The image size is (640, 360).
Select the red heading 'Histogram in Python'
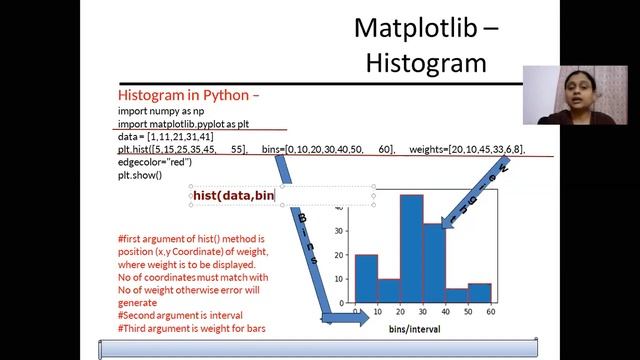coord(187,96)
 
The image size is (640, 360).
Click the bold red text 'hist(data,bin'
coord(234,196)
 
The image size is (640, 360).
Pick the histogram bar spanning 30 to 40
coord(433,264)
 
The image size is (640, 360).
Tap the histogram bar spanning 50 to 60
coord(479,293)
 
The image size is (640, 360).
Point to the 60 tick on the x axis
coord(490,312)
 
